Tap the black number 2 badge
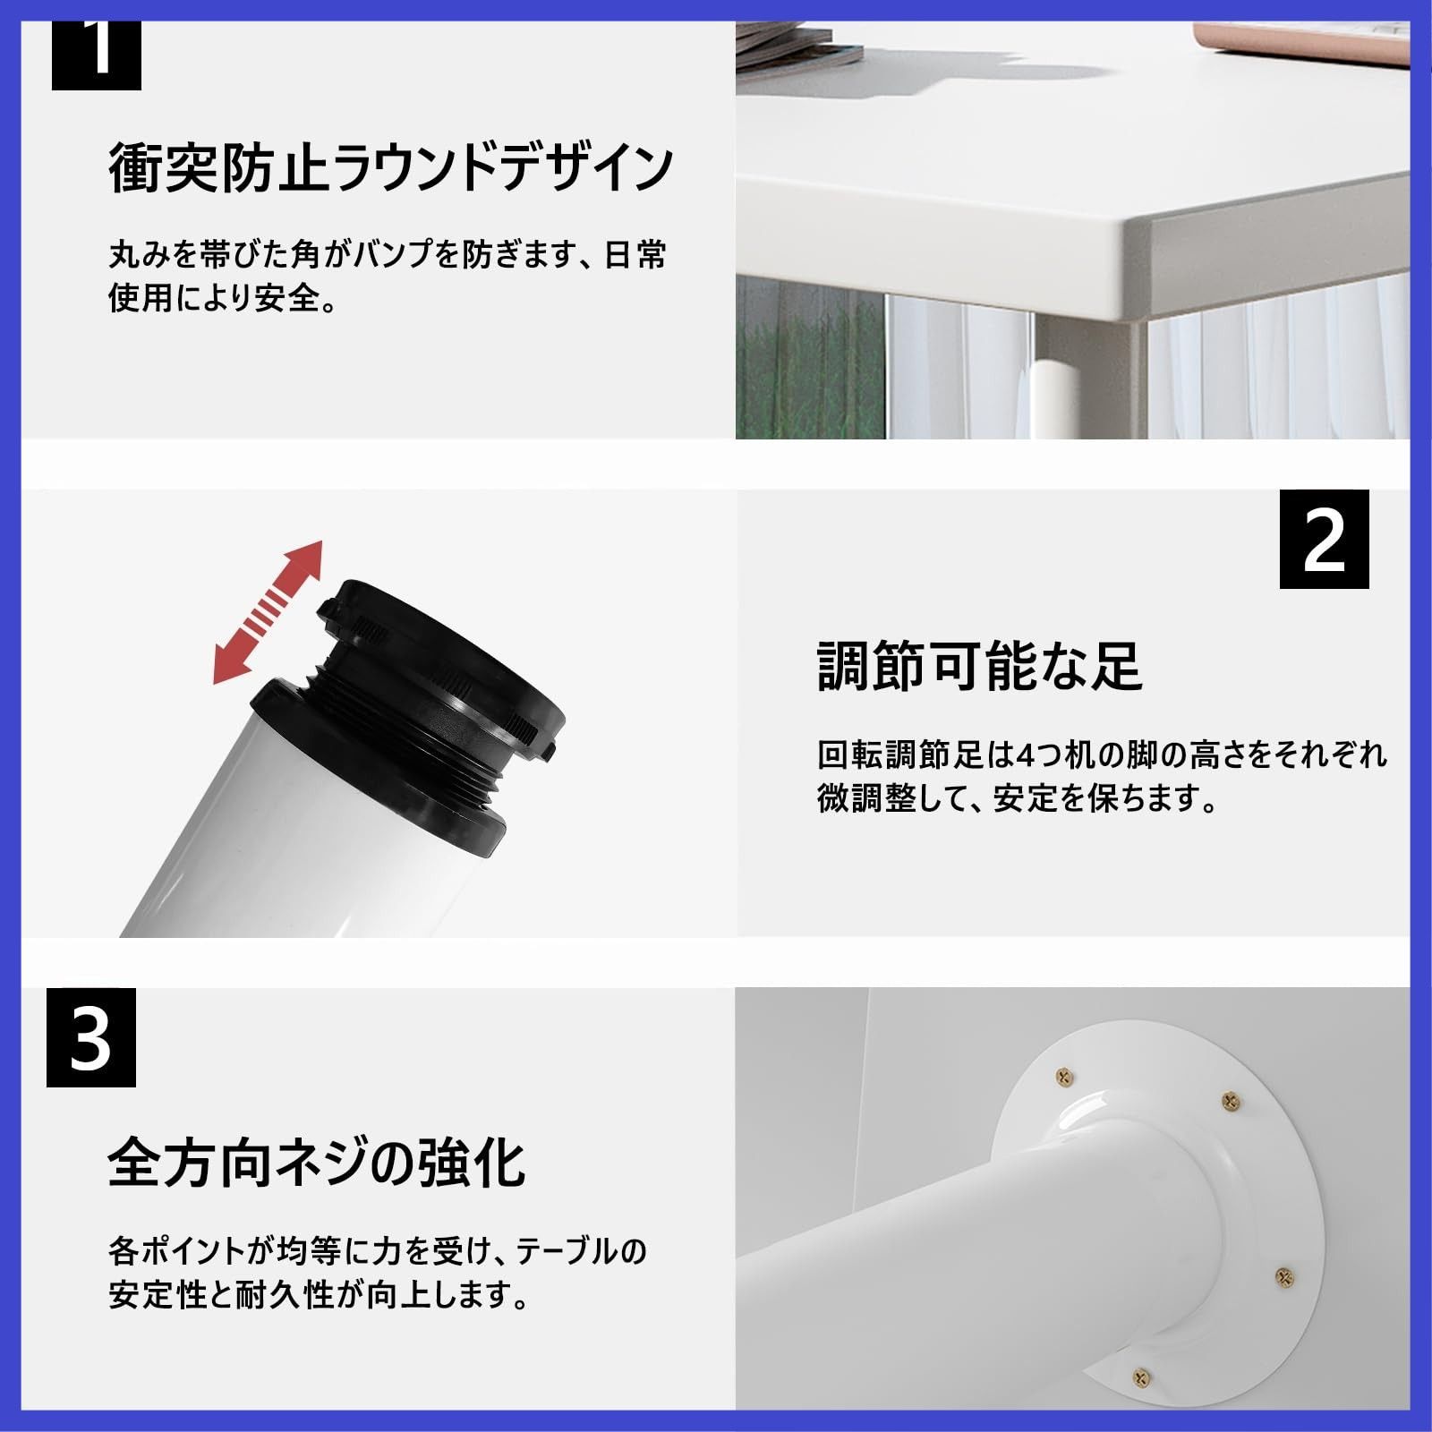coord(1324,540)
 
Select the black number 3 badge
coord(91,1037)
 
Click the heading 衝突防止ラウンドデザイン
coord(390,167)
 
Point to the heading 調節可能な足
coord(979,667)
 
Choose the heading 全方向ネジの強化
coord(316,1163)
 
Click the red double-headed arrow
coord(268,612)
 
